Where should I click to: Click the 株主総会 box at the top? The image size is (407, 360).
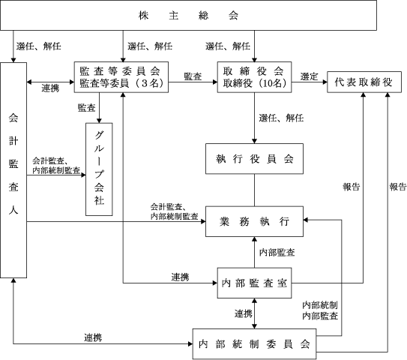pyautogui.click(x=188, y=15)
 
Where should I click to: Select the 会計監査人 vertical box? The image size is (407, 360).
pyautogui.click(x=13, y=170)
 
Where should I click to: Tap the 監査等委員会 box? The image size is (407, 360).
pyautogui.click(x=121, y=77)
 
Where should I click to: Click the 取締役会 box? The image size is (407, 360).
pyautogui.click(x=254, y=77)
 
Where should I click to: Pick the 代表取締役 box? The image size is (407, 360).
pyautogui.click(x=364, y=82)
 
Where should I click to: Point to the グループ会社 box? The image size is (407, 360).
pyautogui.click(x=99, y=169)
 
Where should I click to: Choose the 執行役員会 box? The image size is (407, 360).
pyautogui.click(x=254, y=159)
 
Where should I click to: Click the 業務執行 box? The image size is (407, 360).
pyautogui.click(x=254, y=221)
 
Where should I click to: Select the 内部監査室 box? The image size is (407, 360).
pyautogui.click(x=254, y=283)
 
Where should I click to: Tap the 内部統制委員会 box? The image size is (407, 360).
pyautogui.click(x=254, y=344)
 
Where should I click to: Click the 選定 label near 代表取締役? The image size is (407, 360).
pyautogui.click(x=309, y=76)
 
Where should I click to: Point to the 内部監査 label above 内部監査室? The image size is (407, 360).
pyautogui.click(x=277, y=252)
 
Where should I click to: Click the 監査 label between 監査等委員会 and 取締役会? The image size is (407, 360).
pyautogui.click(x=193, y=76)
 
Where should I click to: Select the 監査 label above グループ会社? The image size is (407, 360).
pyautogui.click(x=87, y=107)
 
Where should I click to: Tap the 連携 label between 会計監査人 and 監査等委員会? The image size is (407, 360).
pyautogui.click(x=50, y=88)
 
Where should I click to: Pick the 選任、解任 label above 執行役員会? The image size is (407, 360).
pyautogui.click(x=281, y=118)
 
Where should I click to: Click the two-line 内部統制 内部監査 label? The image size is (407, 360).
pyautogui.click(x=320, y=310)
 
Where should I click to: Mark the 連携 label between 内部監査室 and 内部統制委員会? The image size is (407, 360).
pyautogui.click(x=244, y=313)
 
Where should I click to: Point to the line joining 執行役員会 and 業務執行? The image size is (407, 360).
pyautogui.click(x=254, y=190)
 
